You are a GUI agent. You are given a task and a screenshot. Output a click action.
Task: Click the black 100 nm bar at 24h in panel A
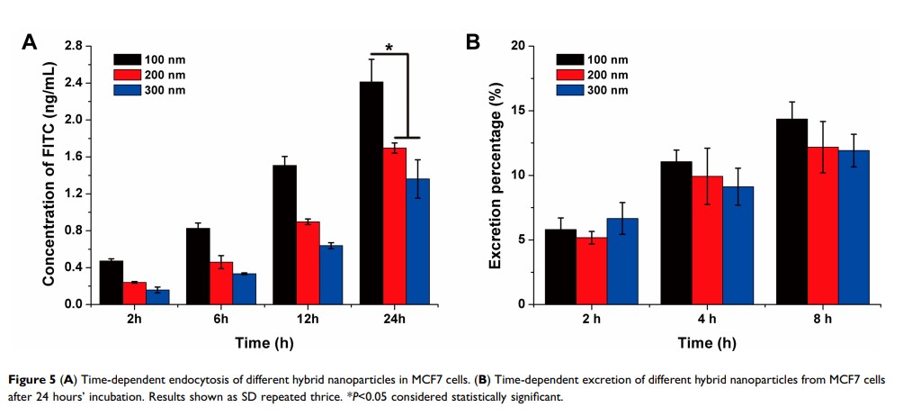(x=371, y=193)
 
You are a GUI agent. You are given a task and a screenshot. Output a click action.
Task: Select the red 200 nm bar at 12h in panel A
(x=308, y=263)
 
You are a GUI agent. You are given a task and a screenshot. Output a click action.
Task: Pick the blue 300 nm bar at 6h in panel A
(x=245, y=289)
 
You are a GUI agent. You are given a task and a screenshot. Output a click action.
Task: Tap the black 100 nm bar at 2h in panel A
(x=112, y=283)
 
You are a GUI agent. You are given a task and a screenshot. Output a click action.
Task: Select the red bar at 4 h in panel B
(x=707, y=240)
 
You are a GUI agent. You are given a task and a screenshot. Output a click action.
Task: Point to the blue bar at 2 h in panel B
(x=622, y=261)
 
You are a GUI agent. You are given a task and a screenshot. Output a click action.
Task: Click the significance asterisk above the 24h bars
(x=389, y=47)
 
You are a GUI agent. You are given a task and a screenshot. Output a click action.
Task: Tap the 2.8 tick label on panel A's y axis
(x=72, y=46)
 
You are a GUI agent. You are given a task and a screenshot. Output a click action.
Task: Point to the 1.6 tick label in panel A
(x=72, y=157)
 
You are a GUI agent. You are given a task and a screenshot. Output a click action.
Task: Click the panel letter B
(x=472, y=43)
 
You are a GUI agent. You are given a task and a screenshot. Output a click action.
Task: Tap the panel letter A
(x=31, y=43)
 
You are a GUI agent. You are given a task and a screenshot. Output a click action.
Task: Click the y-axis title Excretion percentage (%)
(x=495, y=175)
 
